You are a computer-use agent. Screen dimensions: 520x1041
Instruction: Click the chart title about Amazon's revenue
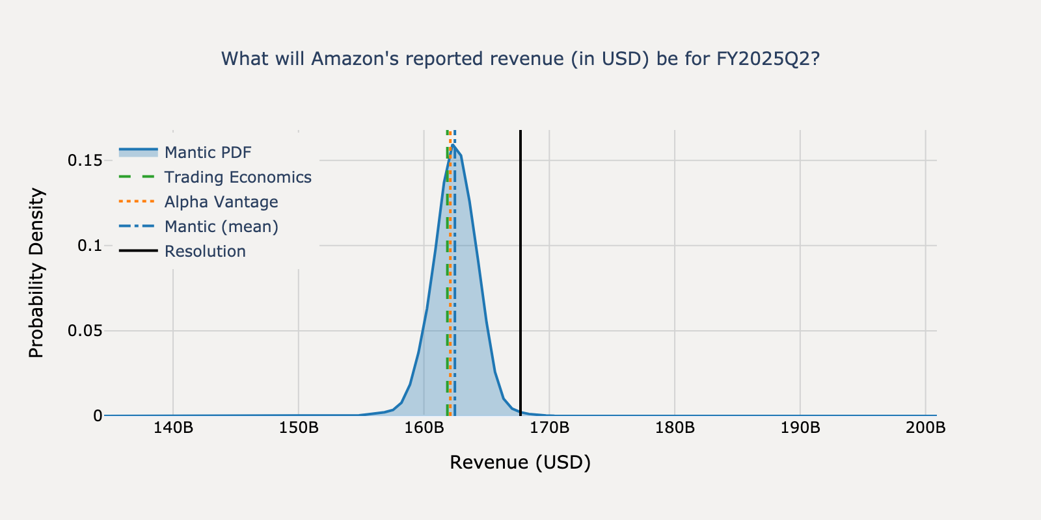(x=520, y=58)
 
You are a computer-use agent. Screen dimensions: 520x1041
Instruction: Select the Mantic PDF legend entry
(x=208, y=152)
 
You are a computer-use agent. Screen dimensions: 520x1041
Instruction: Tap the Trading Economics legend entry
(x=237, y=177)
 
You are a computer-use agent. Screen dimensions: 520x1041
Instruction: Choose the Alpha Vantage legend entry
(x=221, y=201)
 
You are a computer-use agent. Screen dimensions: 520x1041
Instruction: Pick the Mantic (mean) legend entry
(x=221, y=226)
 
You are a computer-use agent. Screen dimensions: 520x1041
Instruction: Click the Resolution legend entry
(x=205, y=251)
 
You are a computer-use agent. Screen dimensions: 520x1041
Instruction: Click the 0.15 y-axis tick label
(x=85, y=160)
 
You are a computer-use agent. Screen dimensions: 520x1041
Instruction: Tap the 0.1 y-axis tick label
(x=90, y=245)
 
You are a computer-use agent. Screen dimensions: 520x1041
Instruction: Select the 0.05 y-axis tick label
(x=85, y=330)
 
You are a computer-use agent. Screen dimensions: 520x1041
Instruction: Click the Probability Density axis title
(x=36, y=273)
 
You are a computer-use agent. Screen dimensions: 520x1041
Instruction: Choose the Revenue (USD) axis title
(x=520, y=462)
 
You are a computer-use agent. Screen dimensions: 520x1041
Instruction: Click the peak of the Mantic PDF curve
(x=453, y=146)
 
